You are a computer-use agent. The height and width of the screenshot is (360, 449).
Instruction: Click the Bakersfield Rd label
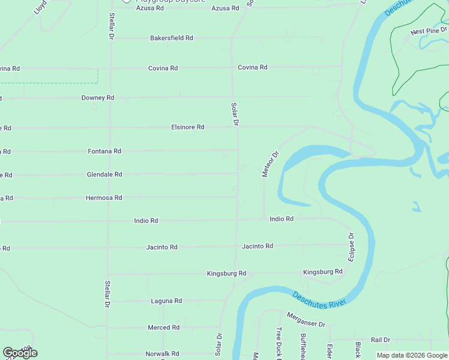(x=171, y=38)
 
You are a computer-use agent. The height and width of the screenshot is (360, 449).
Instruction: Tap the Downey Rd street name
(x=98, y=97)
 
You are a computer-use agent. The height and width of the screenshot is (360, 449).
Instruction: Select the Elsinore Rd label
(x=187, y=127)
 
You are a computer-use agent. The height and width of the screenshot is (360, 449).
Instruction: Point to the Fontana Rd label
(x=104, y=151)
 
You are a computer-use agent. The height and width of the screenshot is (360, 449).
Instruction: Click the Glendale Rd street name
(x=104, y=175)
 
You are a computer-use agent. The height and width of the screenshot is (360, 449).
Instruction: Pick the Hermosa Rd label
(x=104, y=197)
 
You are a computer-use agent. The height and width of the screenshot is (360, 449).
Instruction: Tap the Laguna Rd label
(x=166, y=301)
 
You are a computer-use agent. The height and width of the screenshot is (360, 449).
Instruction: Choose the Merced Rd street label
(x=163, y=328)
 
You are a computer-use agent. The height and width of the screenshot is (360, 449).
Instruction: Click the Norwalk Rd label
(x=162, y=353)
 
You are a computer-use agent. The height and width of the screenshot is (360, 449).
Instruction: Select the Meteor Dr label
(x=271, y=164)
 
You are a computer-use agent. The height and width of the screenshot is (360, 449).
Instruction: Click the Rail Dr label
(x=381, y=340)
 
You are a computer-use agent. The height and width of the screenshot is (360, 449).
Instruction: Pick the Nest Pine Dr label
(x=429, y=31)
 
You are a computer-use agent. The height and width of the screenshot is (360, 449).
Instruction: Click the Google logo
(x=20, y=353)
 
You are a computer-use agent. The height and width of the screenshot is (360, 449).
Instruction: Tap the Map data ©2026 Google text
(x=412, y=355)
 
